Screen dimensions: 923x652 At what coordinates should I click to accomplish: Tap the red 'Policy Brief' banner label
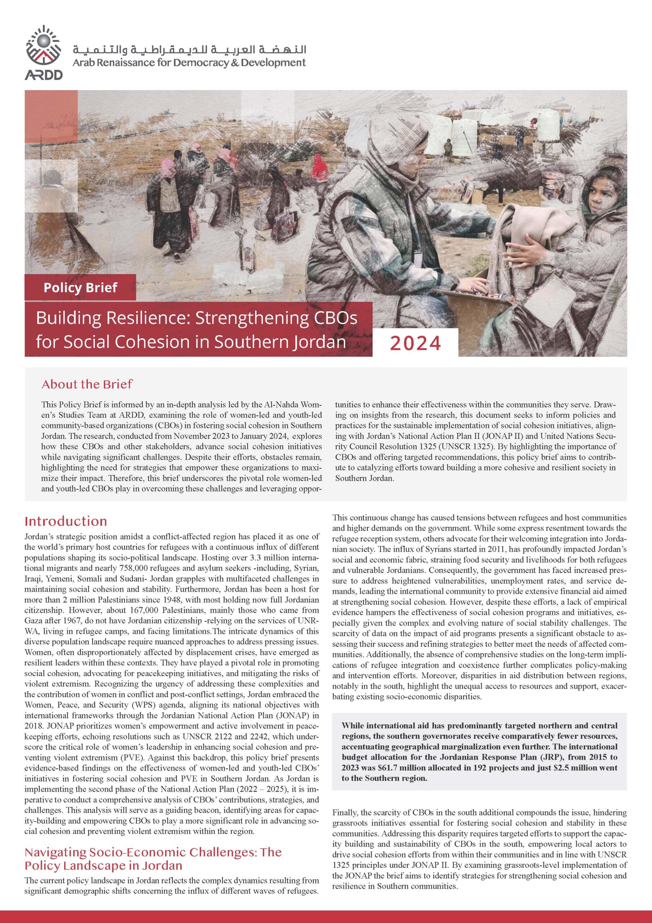point(80,287)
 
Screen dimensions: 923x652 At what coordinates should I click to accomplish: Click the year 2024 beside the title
point(415,343)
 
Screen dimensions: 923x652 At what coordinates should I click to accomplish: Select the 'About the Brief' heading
point(87,384)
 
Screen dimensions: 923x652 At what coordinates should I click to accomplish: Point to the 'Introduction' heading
point(66,521)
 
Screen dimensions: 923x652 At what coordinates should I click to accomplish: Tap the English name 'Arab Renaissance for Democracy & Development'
point(189,63)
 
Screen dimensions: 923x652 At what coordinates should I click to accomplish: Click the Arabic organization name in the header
point(189,50)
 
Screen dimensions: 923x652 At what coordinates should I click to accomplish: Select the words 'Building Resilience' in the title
point(107,318)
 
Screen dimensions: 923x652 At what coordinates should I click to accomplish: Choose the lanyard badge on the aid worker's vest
point(418,258)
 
